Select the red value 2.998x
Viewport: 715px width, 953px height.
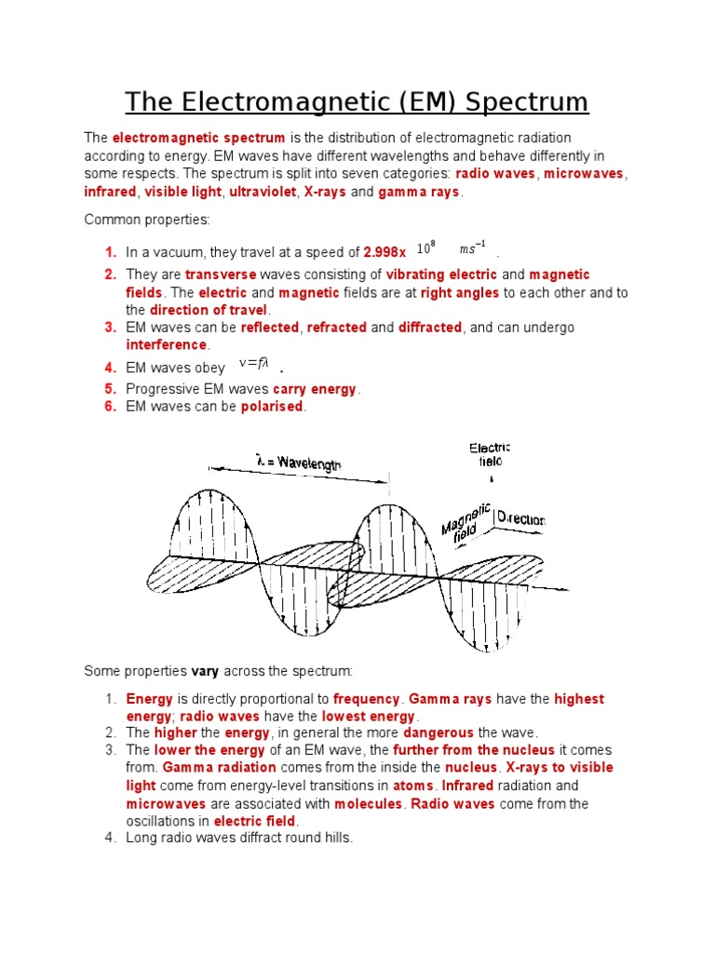pyautogui.click(x=384, y=252)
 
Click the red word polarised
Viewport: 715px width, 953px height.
pyautogui.click(x=272, y=407)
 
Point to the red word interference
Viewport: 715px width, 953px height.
pyautogui.click(x=166, y=345)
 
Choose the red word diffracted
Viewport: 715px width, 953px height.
pyautogui.click(x=429, y=328)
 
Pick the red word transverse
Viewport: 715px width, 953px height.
pyautogui.click(x=220, y=275)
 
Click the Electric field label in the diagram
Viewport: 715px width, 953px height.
pyautogui.click(x=489, y=455)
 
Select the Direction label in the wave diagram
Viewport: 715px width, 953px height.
pyautogui.click(x=521, y=519)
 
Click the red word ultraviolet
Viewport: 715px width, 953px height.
pyautogui.click(x=256, y=192)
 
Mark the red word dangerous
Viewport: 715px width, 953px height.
pyautogui.click(x=437, y=733)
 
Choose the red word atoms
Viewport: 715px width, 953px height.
pyautogui.click(x=412, y=785)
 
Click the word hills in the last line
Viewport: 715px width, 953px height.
pyautogui.click(x=336, y=838)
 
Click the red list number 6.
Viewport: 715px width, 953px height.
pyautogui.click(x=110, y=407)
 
